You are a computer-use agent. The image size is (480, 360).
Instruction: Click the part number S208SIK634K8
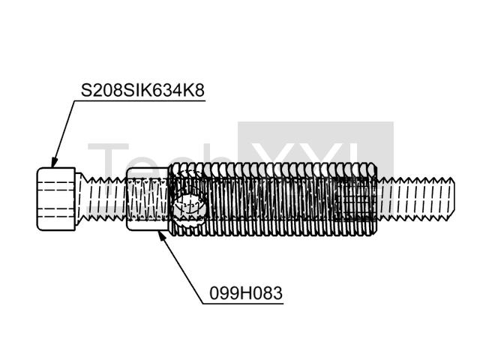pos(142,90)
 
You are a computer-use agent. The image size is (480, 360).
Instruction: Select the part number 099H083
pos(246,293)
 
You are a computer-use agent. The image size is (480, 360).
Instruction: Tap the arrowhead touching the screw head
pos(54,162)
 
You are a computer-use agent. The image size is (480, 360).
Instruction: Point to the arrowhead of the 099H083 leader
pos(161,236)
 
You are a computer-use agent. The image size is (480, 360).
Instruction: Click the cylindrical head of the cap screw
pos(56,199)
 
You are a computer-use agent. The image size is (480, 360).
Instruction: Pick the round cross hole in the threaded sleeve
pos(189,207)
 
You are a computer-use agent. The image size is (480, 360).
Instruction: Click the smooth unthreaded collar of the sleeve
pos(147,199)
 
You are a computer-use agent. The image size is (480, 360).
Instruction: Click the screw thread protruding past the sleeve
pos(415,199)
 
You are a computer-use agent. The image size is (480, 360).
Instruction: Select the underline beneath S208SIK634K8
pos(139,100)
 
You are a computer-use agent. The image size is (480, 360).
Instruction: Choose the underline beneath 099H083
pos(243,304)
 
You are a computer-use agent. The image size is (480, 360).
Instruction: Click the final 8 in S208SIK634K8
pos(199,91)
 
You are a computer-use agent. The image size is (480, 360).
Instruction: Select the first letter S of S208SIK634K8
pos(86,91)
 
